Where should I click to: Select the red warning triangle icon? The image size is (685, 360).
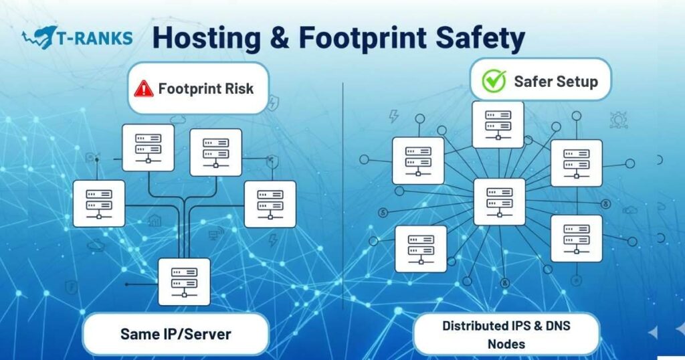(x=144, y=88)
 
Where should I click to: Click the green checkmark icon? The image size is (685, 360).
(x=494, y=82)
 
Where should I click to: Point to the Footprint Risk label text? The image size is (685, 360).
(x=206, y=88)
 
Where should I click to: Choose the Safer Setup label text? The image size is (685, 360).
(x=555, y=82)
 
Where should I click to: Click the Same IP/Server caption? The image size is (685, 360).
(x=175, y=333)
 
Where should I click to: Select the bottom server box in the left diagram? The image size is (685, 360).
(x=184, y=282)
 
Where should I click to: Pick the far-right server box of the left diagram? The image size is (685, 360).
(x=270, y=203)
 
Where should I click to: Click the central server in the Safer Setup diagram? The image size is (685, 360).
(x=499, y=201)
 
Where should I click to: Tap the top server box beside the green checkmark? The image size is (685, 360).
(x=498, y=124)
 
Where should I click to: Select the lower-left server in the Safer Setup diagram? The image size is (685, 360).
(x=420, y=248)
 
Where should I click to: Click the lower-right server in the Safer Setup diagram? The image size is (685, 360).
(x=576, y=238)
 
